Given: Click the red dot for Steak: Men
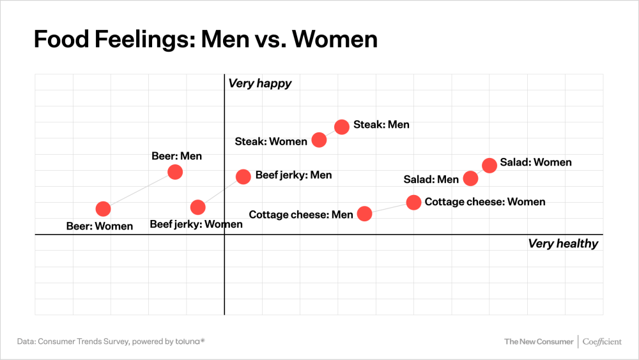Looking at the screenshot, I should (x=342, y=126).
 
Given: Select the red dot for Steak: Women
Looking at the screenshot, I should (x=319, y=140).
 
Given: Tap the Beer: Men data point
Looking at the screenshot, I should (x=175, y=171).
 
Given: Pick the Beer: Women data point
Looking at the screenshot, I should (x=103, y=208).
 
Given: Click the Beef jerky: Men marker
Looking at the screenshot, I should (x=243, y=176).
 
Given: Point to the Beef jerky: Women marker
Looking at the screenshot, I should (x=198, y=207).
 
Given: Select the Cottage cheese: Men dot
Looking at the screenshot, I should (x=364, y=214).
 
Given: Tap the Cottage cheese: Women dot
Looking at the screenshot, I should (x=414, y=202).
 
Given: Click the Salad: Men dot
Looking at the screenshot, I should (x=470, y=178).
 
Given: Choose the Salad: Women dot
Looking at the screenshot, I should (x=489, y=165).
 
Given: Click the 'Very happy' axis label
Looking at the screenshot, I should (x=259, y=84).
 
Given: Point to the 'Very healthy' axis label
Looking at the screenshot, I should (x=562, y=244).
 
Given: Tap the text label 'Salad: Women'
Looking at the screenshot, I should (x=535, y=162).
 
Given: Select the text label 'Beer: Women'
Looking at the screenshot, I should (x=100, y=226).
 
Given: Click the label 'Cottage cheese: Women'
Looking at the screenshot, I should (x=485, y=202).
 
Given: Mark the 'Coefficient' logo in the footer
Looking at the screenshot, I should (x=601, y=341).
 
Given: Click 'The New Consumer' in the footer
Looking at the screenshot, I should (x=539, y=341).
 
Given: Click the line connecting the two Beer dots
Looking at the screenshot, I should (x=139, y=190).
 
